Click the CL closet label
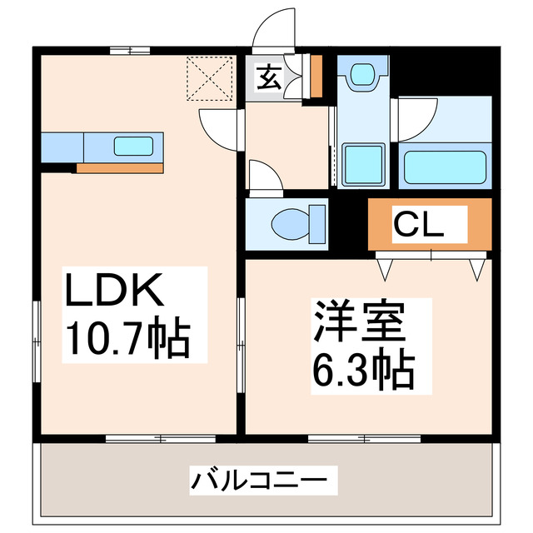[419, 223]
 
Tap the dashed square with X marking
[208, 77]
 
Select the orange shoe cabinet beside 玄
[316, 76]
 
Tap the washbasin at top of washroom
[362, 75]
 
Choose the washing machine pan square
[363, 164]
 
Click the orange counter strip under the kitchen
[118, 167]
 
